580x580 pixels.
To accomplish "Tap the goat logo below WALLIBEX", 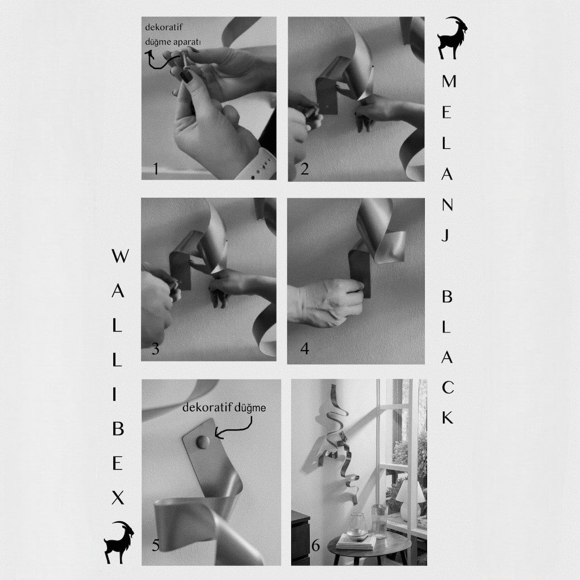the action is click(119, 542).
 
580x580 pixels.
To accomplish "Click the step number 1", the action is click(156, 169).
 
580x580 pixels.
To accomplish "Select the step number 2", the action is click(304, 169).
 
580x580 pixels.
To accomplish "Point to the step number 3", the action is click(155, 349).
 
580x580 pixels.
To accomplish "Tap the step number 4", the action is click(305, 348).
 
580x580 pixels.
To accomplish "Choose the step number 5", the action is click(156, 545).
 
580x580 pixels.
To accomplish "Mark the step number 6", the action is click(315, 545).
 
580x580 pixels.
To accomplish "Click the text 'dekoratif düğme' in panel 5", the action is click(224, 408).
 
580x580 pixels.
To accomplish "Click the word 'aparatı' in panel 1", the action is click(186, 42).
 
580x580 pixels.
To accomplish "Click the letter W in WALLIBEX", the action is click(120, 256).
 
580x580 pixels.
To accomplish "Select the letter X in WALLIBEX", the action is click(118, 497).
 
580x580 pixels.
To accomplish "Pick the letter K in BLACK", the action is click(447, 417).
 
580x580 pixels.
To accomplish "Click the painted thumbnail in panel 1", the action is click(186, 77).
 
